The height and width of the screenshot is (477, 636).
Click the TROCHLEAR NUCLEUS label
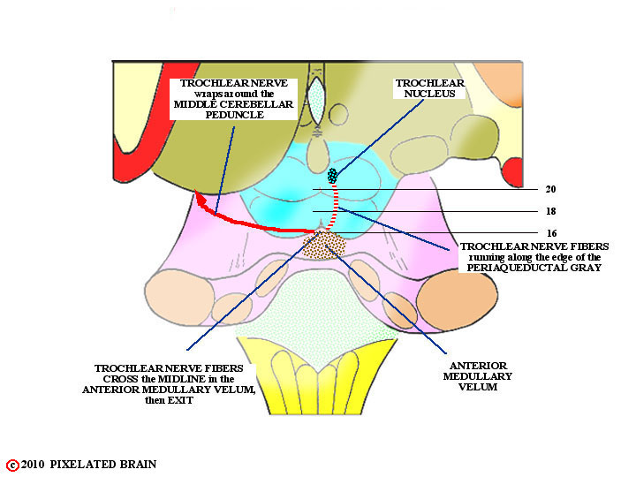point(429,88)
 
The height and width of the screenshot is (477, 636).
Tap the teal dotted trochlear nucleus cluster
point(333,176)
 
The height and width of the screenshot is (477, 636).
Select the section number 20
point(550,189)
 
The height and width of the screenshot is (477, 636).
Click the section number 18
point(550,211)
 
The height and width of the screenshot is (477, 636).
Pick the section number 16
point(551,233)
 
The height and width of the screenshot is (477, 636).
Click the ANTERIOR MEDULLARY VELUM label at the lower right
point(477,376)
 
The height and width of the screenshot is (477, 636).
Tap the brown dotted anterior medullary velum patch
point(324,245)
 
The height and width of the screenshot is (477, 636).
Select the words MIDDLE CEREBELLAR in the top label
point(233,104)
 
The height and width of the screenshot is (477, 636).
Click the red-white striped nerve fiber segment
point(334,207)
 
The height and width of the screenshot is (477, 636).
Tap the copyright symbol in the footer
point(12,465)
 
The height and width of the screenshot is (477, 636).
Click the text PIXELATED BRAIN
point(103,465)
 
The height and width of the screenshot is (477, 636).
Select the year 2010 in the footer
point(33,465)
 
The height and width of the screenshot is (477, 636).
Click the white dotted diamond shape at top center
point(316,100)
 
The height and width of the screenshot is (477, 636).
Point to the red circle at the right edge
point(512,172)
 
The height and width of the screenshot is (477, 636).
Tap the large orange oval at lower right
point(457,300)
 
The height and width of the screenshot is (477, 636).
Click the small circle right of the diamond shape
point(338,115)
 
